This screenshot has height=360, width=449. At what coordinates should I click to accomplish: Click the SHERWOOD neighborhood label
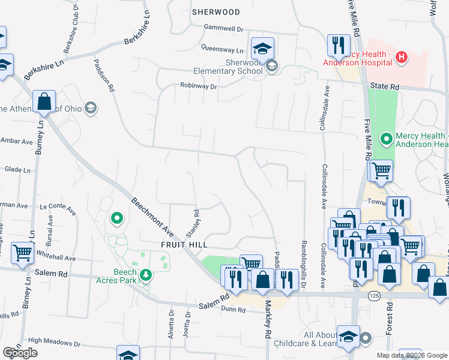215,12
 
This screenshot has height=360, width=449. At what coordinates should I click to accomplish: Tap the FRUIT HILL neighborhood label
184,245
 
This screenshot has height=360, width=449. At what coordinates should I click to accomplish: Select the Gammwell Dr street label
223,28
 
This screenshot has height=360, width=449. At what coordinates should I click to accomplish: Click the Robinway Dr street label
198,86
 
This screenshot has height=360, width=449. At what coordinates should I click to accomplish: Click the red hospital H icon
402,58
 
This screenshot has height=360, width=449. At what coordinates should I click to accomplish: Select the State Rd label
384,86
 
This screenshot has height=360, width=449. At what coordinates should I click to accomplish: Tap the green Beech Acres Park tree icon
145,275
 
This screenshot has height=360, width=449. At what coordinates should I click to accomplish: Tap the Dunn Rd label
233,310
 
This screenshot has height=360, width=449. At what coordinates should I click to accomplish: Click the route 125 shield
374,296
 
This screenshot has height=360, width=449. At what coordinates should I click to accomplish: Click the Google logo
20,353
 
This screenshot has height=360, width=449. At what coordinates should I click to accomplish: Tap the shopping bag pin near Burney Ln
44,101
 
